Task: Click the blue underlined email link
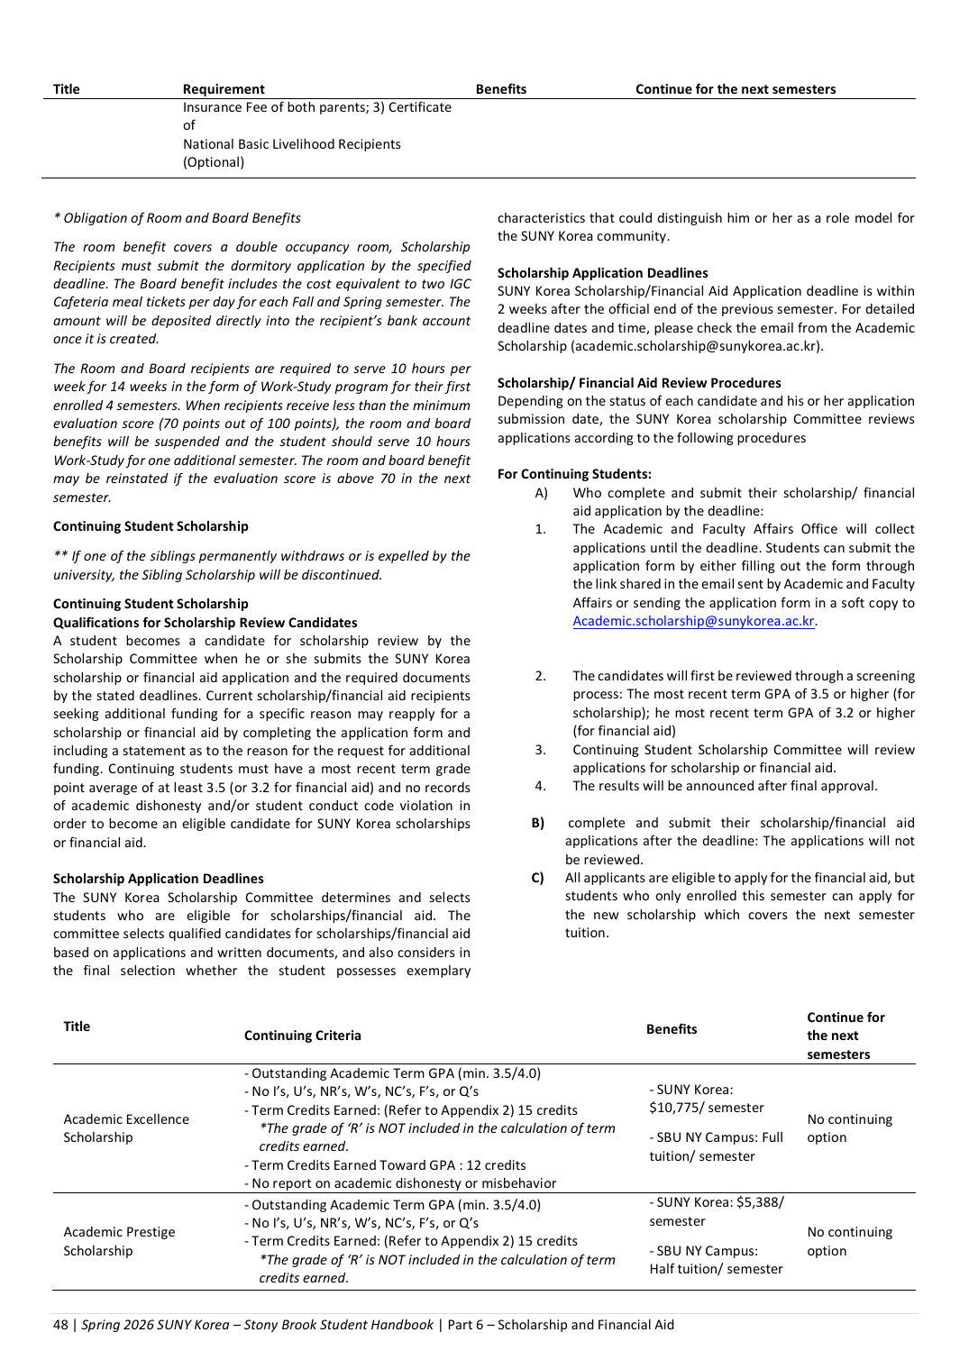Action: (x=693, y=621)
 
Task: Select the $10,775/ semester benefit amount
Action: (x=706, y=1108)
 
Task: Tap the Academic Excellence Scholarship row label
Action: (x=126, y=1128)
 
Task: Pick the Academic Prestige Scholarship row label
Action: (x=119, y=1241)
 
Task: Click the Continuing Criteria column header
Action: (x=302, y=1036)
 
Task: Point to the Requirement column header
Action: (x=224, y=89)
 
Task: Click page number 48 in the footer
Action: (x=60, y=1325)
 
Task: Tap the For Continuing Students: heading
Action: (x=574, y=474)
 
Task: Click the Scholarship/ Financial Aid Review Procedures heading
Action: (x=639, y=383)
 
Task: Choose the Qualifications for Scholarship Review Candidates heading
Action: (x=205, y=623)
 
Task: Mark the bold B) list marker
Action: (x=538, y=823)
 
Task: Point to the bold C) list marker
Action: (x=538, y=878)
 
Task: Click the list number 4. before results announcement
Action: (x=540, y=786)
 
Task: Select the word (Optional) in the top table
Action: (x=214, y=162)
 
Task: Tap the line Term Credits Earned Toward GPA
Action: (x=385, y=1165)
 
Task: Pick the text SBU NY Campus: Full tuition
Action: (x=716, y=1146)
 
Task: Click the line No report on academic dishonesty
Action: (x=400, y=1183)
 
